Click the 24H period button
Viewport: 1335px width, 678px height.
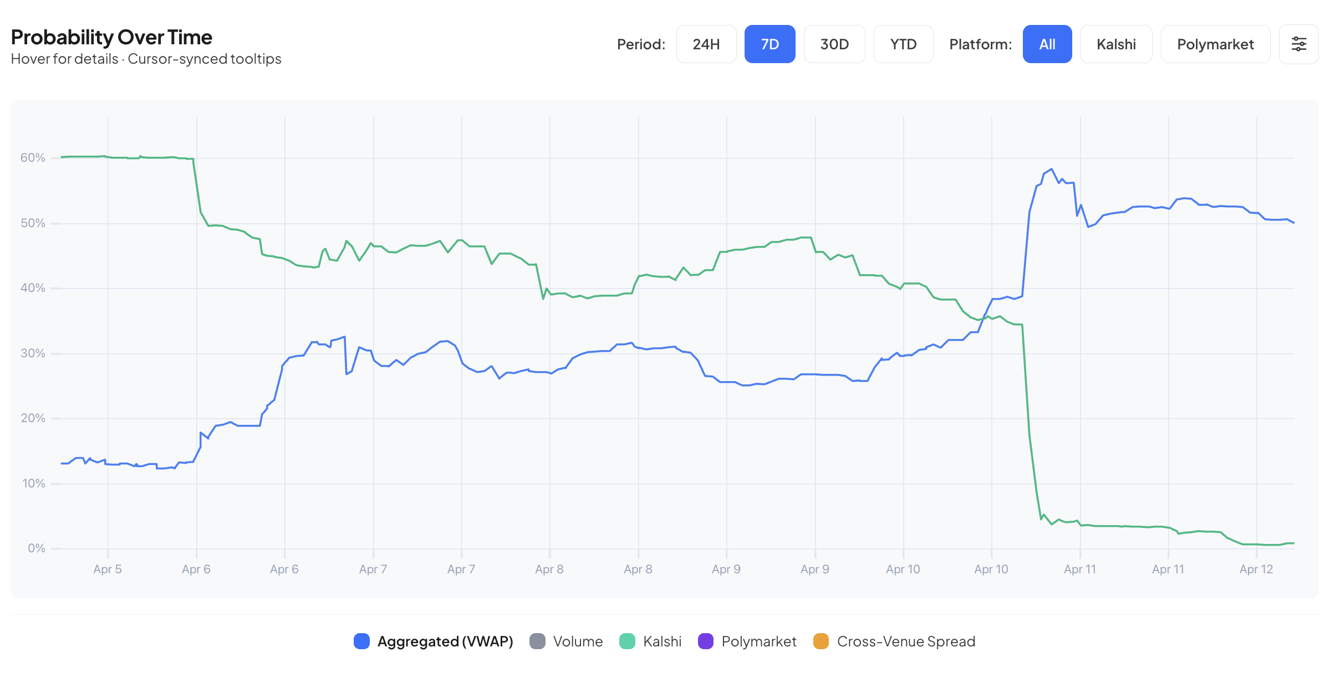tap(706, 44)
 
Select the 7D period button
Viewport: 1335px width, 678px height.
tap(770, 44)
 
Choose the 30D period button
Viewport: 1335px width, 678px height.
tap(834, 44)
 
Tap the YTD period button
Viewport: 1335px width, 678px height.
tap(903, 44)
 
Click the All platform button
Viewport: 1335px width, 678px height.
tap(1047, 44)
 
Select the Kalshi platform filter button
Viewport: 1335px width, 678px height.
tap(1115, 44)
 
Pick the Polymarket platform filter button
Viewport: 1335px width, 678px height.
tap(1215, 44)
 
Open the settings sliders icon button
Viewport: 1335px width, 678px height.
tap(1298, 44)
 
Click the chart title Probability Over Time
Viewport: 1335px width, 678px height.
tap(111, 37)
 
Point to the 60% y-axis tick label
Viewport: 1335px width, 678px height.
tap(33, 158)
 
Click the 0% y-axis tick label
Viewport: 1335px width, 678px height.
tap(37, 548)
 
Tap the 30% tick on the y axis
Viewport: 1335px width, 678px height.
tap(33, 353)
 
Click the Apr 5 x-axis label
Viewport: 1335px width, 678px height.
tap(108, 569)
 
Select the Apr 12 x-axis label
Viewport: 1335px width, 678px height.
tap(1256, 569)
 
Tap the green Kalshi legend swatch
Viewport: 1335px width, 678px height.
tap(627, 641)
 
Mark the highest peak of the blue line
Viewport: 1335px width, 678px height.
tap(1051, 169)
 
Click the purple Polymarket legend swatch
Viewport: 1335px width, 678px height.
tap(706, 641)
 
